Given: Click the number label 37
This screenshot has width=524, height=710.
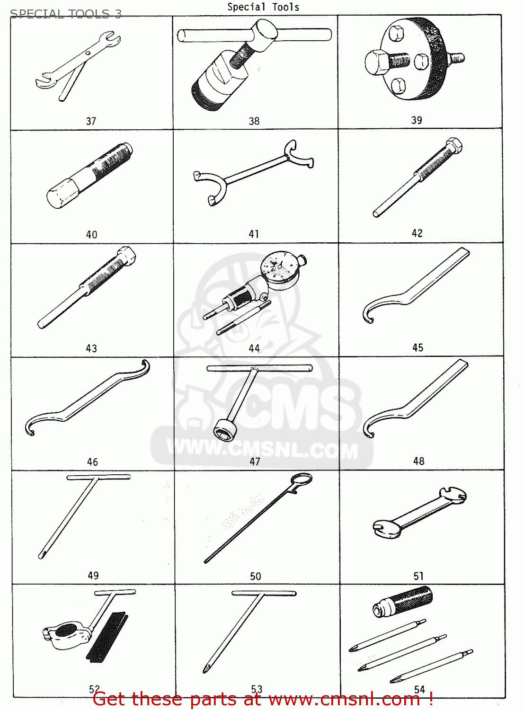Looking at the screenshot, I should pos(91,121).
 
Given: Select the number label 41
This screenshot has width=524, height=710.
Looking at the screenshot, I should pos(254,234).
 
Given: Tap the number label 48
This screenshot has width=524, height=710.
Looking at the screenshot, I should pos(418,461).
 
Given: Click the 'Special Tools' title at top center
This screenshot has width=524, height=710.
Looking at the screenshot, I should pos(263,7).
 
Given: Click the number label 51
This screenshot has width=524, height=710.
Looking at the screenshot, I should pos(418,576).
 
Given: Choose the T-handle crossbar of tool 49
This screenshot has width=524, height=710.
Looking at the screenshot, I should pos(98,477).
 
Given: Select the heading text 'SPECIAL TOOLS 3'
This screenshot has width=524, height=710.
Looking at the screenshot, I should pos(66,14).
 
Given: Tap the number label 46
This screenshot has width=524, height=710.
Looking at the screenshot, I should pos(92,462).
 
